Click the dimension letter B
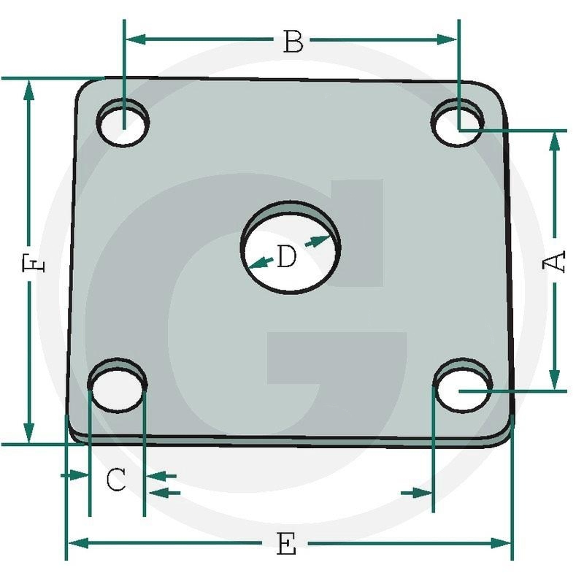(293, 42)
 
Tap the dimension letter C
(117, 480)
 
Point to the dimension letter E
(287, 545)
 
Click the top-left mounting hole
(125, 122)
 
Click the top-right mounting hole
(458, 123)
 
